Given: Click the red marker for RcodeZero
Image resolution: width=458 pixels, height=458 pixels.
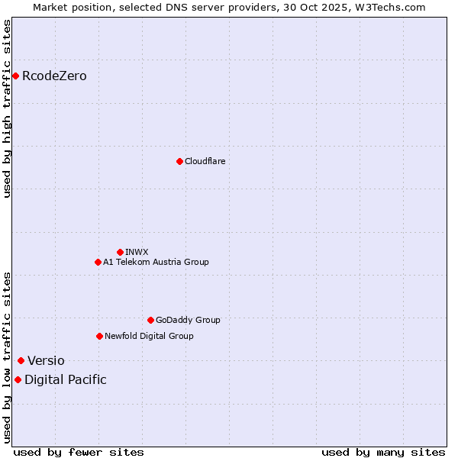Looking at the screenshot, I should click(15, 76).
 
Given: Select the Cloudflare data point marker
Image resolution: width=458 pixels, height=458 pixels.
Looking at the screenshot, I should click(179, 161).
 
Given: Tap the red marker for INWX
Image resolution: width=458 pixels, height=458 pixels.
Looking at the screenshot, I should click(120, 252).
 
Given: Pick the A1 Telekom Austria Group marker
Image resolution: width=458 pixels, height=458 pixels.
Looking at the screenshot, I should click(98, 262).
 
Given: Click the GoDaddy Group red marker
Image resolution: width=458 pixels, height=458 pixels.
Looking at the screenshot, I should click(150, 320).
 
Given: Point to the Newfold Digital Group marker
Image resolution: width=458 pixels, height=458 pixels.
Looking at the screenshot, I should click(99, 336).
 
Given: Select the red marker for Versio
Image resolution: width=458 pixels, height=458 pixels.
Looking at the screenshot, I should click(21, 360).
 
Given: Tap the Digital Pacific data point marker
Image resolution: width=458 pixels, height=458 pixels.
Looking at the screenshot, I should click(18, 379).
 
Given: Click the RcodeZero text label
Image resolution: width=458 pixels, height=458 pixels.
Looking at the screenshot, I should click(54, 76).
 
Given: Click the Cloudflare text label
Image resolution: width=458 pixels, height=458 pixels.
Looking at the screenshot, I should click(205, 161).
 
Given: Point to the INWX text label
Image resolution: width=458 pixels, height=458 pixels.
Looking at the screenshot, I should click(137, 252).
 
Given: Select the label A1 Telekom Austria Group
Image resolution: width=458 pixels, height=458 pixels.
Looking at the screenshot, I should click(156, 262).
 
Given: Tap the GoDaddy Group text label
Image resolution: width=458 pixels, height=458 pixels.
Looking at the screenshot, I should click(187, 320).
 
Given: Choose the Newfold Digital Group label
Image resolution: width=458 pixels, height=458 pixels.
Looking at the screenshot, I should click(149, 336).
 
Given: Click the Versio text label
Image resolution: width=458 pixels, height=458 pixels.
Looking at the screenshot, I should click(46, 360).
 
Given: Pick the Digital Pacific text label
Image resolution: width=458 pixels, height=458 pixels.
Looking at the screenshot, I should click(66, 379).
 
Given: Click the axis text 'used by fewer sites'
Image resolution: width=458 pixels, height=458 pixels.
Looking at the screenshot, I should click(79, 452).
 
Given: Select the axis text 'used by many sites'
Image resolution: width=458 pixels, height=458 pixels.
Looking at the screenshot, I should click(383, 452).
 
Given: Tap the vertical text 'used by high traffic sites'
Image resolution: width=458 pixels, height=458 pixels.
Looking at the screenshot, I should click(7, 108).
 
